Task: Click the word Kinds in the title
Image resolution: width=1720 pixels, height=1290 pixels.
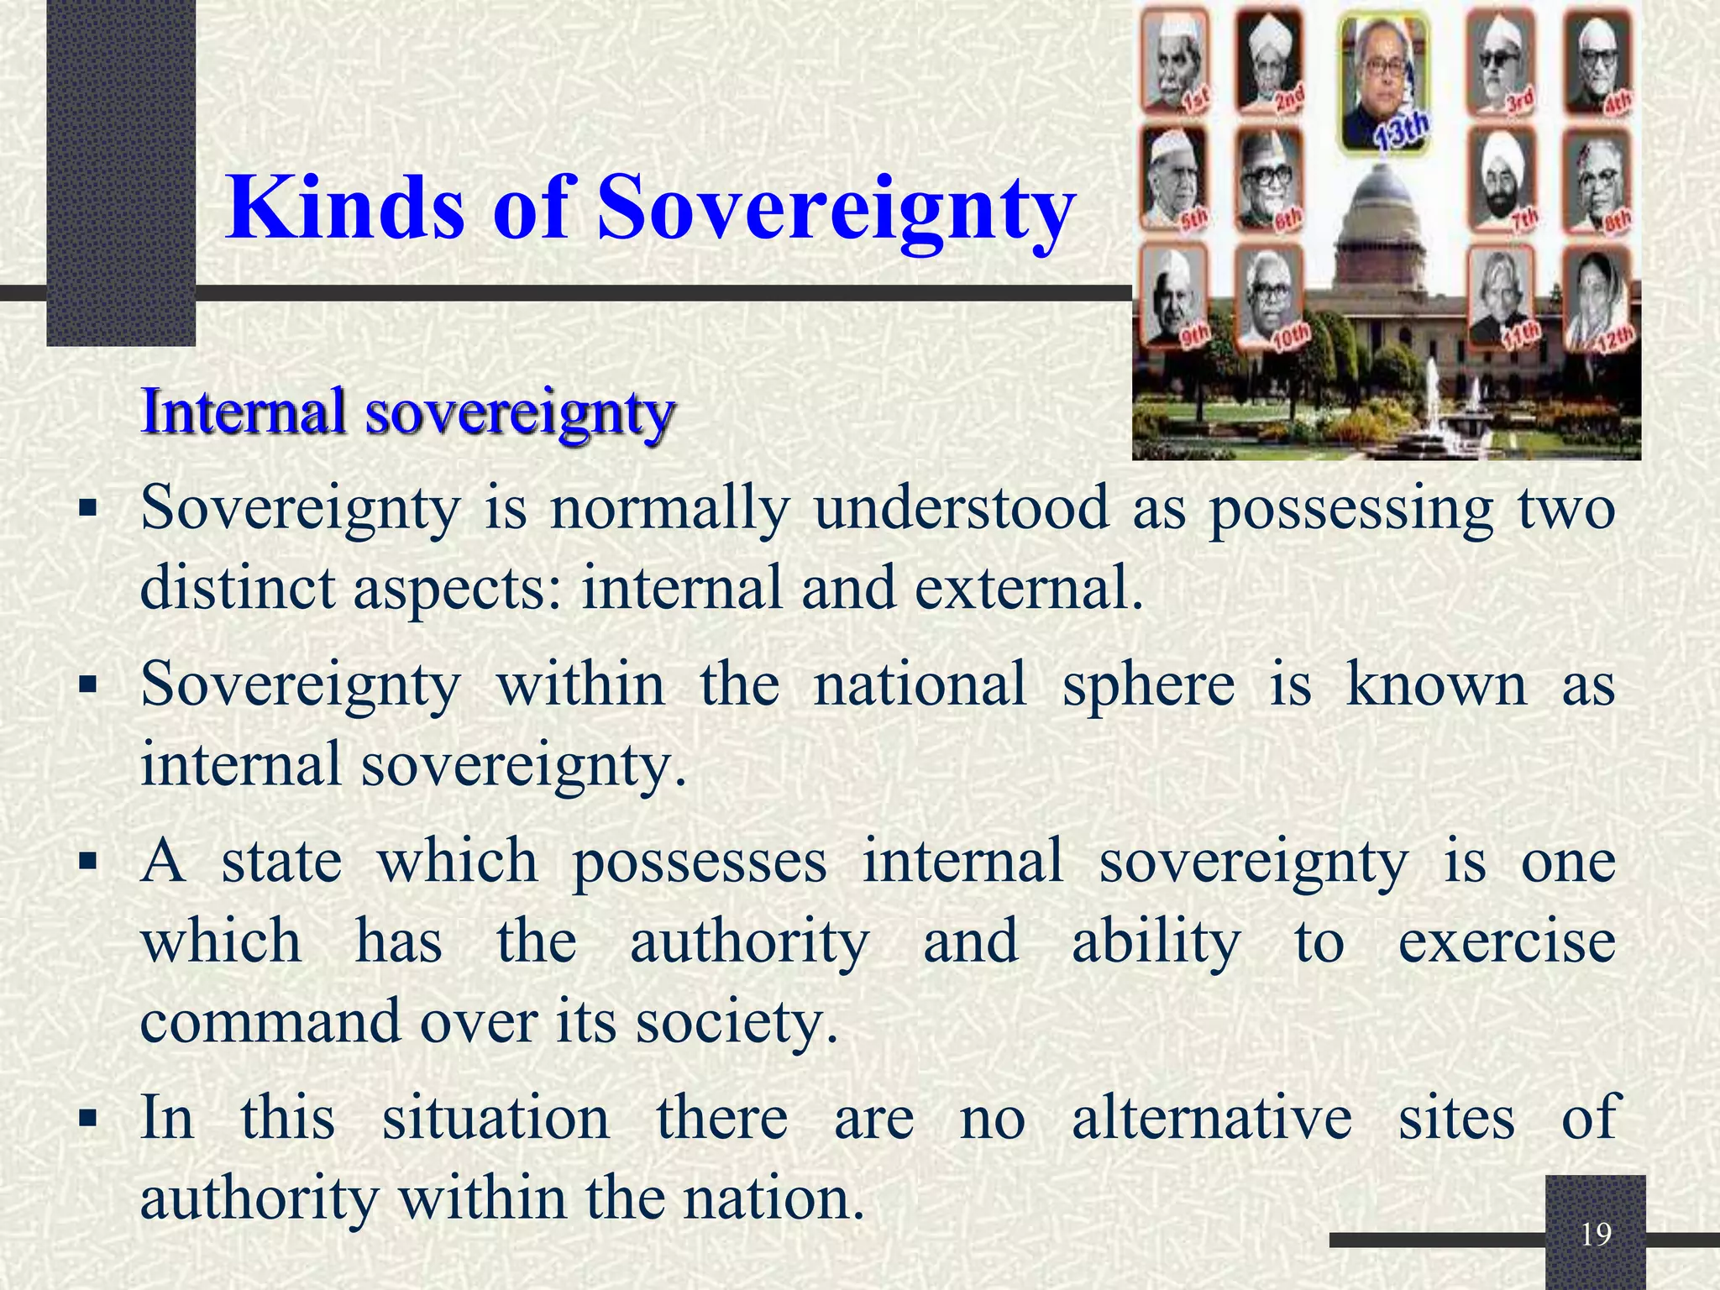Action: click(x=344, y=208)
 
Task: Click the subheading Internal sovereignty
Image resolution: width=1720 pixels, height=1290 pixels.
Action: click(x=407, y=412)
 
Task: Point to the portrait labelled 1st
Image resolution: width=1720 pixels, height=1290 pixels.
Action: click(x=1172, y=63)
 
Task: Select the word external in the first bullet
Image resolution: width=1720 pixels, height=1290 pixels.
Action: click(x=1029, y=588)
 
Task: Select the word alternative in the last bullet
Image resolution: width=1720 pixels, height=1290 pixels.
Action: click(x=1211, y=1118)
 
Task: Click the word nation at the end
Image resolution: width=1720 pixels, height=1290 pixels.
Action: click(x=773, y=1198)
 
